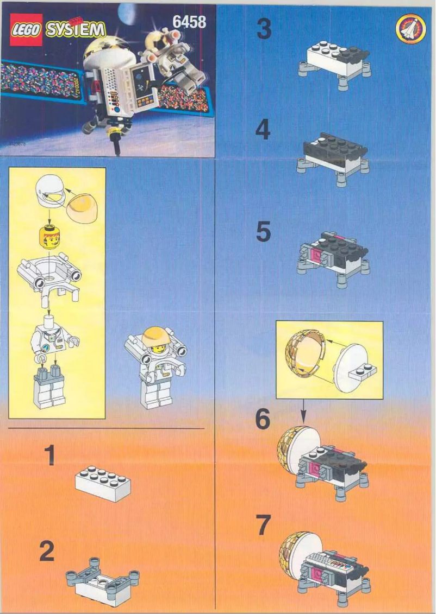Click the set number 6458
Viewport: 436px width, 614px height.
click(189, 21)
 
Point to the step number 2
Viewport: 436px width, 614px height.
click(47, 552)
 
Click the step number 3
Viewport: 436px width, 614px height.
click(264, 29)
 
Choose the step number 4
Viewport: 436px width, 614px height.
click(263, 130)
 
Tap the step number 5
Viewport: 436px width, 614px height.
click(263, 232)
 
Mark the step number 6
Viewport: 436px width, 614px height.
click(263, 420)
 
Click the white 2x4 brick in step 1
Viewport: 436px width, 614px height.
click(103, 482)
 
